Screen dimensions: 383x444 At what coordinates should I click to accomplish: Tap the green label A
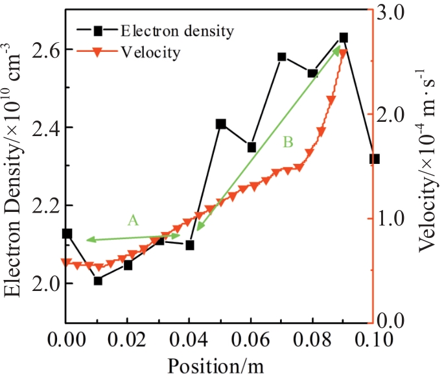[133, 220]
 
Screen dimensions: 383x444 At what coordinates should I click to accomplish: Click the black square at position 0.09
[344, 38]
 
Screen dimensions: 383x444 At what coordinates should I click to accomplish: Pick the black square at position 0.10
[374, 159]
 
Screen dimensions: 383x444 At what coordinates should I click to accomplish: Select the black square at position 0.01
[98, 281]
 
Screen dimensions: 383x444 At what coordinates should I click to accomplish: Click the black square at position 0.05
[221, 124]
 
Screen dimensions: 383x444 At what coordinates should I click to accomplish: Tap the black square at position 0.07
[282, 57]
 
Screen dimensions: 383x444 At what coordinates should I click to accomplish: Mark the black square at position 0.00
[67, 233]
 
